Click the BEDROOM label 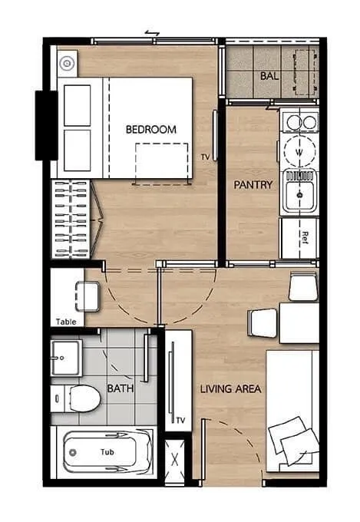point(151,129)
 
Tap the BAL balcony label point(269,76)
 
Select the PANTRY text point(253,184)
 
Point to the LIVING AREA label point(230,388)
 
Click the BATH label point(121,388)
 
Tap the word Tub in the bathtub point(107,451)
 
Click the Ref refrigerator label point(305,238)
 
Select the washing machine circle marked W point(299,151)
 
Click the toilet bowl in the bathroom point(84,398)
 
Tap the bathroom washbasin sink point(65,358)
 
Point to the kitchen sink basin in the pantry point(299,195)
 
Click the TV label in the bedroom point(205,157)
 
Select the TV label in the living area point(180,421)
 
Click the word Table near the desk point(66,322)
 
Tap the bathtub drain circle point(73,452)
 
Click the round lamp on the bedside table point(67,63)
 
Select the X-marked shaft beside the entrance point(175,461)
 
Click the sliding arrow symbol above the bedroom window point(152,33)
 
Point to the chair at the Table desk point(88,296)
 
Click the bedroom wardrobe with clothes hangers point(71,220)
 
